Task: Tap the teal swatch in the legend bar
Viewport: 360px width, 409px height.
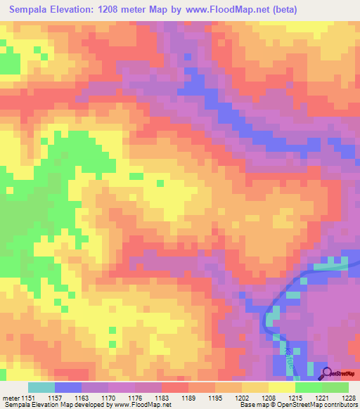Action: coord(41,387)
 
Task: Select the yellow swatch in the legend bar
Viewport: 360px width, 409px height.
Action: coord(281,387)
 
